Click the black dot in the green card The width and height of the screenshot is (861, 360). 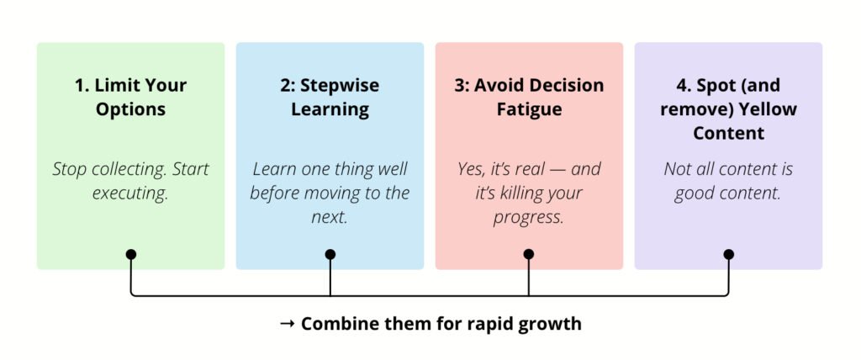click(130, 255)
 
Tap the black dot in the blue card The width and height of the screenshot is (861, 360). click(330, 255)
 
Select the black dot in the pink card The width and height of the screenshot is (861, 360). click(529, 254)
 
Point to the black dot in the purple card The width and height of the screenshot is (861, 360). click(729, 255)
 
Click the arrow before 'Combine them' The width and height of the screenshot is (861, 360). click(288, 324)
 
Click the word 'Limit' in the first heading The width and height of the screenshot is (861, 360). click(111, 85)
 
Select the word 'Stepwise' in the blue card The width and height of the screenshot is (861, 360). click(340, 86)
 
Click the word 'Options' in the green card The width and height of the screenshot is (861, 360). click(130, 109)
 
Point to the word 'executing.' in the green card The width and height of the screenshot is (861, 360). click(130, 193)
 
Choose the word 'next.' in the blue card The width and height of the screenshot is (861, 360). click(330, 217)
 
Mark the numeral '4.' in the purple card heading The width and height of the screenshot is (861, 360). click(685, 85)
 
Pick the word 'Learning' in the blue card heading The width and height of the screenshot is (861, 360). click(330, 109)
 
